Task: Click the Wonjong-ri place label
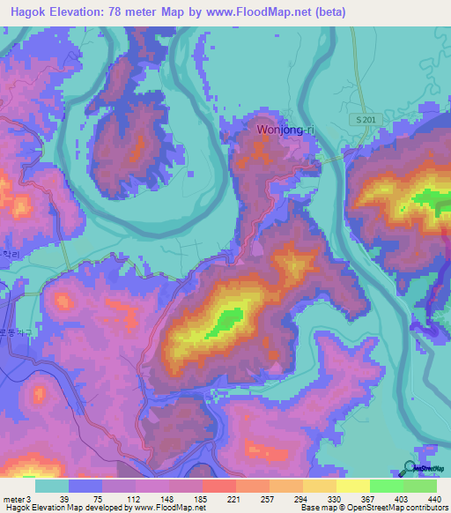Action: pos(285,130)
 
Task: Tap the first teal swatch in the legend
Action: pos(52,486)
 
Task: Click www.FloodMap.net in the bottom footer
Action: pos(177,508)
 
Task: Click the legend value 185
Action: pos(175,499)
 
